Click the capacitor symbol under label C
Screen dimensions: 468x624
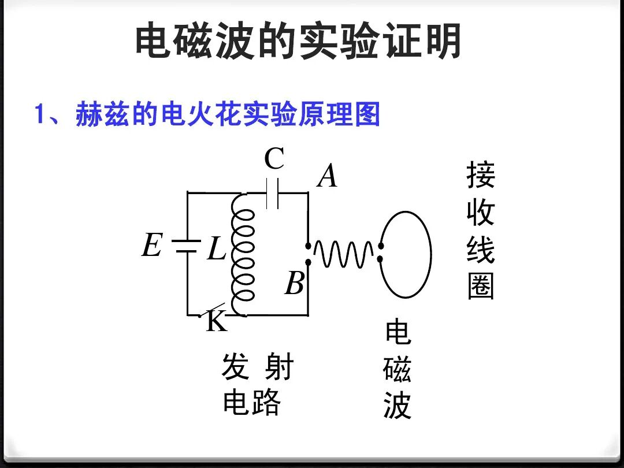(x=273, y=193)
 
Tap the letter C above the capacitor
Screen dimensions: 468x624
(x=274, y=159)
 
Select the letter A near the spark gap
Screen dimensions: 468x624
(x=328, y=176)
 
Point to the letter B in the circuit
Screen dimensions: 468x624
(x=295, y=284)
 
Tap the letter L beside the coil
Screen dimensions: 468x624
(x=217, y=250)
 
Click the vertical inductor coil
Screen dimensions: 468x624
(x=242, y=254)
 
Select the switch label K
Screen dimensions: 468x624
(x=217, y=322)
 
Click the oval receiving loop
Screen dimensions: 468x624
(x=406, y=254)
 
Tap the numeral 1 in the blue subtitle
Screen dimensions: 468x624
(x=40, y=114)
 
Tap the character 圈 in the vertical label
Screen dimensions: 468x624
(x=481, y=286)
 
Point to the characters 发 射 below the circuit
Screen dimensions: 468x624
(x=258, y=367)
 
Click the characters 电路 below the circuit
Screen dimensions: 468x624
(x=251, y=402)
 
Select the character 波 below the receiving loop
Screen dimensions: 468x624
(x=397, y=406)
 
